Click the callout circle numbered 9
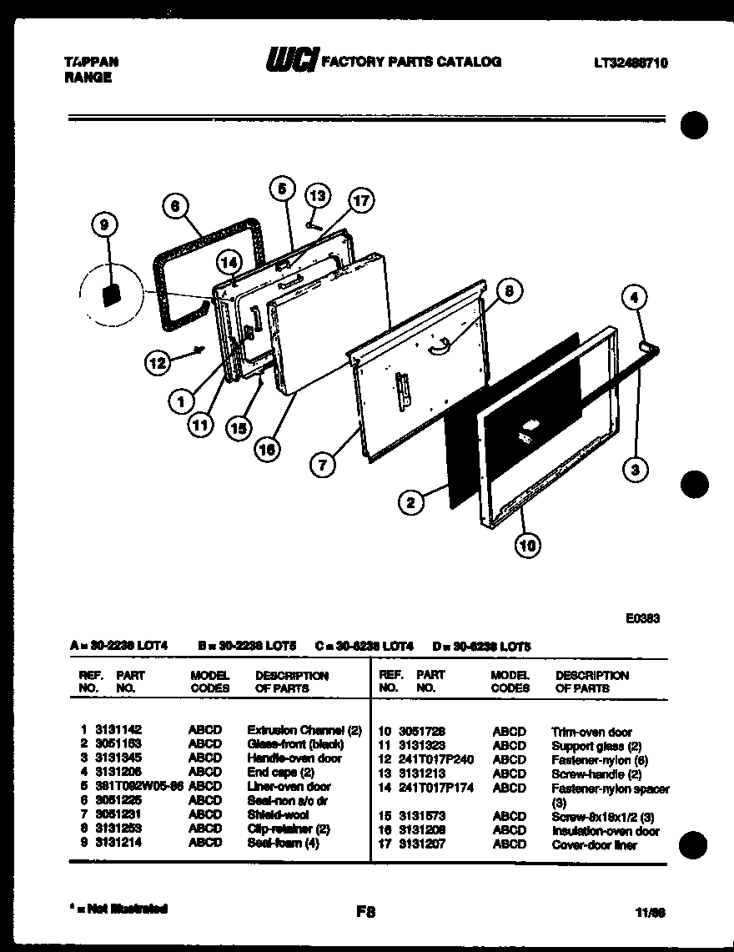[x=105, y=224]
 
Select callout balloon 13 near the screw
[x=317, y=195]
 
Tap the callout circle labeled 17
[x=359, y=200]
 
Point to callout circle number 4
[x=635, y=296]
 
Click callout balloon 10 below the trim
[x=526, y=547]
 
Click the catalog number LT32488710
[x=631, y=63]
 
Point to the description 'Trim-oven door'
[x=591, y=732]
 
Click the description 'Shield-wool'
[x=278, y=814]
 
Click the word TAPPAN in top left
[x=91, y=62]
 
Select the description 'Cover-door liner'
[x=594, y=845]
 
